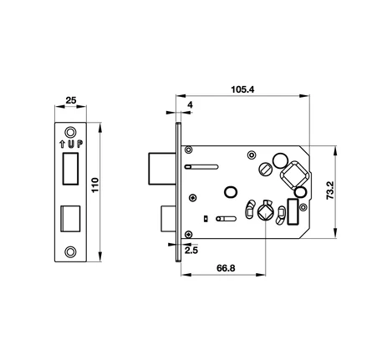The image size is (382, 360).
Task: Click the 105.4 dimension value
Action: [242, 89]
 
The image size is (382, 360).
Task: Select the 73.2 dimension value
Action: [330, 190]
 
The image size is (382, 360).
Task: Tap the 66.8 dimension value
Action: [226, 268]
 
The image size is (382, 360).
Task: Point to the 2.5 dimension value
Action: [191, 251]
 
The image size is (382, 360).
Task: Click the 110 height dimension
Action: [95, 185]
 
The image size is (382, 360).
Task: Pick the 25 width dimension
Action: [71, 100]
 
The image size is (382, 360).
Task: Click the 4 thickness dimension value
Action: [190, 105]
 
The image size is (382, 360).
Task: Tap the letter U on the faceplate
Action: [72, 145]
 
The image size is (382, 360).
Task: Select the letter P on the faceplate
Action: [80, 145]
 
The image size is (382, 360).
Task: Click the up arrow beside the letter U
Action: [62, 145]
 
